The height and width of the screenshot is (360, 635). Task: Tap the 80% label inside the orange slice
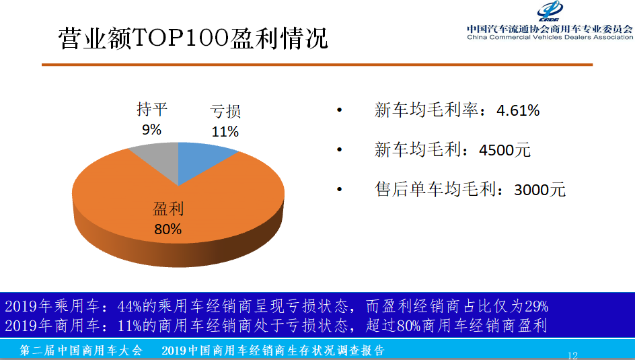click(168, 229)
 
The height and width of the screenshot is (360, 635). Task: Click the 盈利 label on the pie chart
click(168, 209)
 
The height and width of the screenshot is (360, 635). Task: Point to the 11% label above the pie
click(225, 131)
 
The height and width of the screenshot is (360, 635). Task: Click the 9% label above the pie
click(151, 129)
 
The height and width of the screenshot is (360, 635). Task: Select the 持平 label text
click(151, 109)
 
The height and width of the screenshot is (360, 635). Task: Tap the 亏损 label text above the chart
click(225, 112)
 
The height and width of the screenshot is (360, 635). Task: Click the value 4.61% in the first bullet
click(518, 110)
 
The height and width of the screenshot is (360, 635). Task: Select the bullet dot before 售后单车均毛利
click(340, 190)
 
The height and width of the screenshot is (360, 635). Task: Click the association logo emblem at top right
click(554, 11)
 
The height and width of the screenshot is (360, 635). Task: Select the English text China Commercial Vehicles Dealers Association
click(550, 37)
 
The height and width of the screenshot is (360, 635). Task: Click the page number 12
click(572, 355)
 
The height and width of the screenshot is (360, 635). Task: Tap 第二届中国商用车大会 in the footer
click(81, 351)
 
